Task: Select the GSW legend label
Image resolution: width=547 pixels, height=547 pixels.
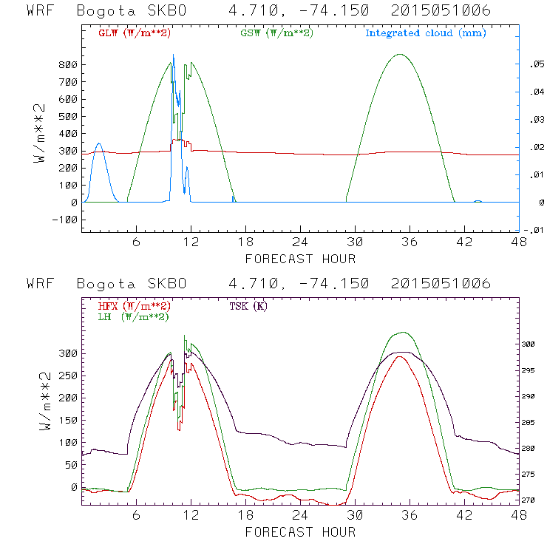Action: tap(276, 33)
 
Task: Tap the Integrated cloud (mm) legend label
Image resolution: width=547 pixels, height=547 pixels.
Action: tap(426, 33)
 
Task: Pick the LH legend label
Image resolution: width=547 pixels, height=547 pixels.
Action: tap(134, 316)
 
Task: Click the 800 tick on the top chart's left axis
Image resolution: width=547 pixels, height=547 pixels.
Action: tap(67, 65)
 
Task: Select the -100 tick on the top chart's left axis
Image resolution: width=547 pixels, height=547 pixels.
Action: tap(64, 220)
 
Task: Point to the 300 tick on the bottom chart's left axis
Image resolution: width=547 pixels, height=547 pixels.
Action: tap(67, 353)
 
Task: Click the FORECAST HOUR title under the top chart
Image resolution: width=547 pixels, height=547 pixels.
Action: tap(300, 259)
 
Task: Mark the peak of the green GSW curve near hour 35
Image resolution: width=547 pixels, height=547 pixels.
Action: tap(400, 54)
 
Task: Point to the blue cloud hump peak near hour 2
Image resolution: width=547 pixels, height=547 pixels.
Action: tap(99, 144)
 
